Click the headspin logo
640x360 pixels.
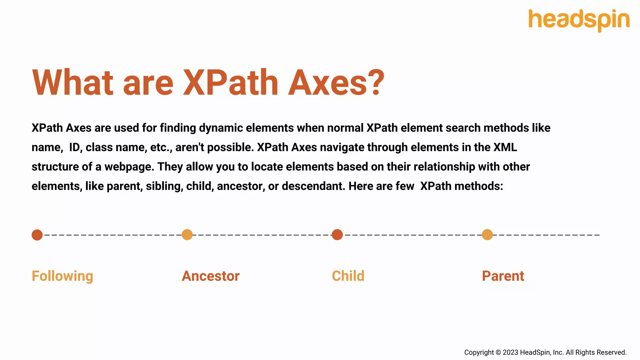point(579,20)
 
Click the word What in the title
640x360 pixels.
point(73,83)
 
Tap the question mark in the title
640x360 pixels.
point(373,83)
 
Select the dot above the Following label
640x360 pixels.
point(37,235)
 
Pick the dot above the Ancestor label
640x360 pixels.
point(187,235)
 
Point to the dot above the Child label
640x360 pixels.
point(337,235)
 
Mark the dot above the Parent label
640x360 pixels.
point(487,235)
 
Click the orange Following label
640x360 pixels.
point(62,276)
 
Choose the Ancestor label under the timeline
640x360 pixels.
point(211,276)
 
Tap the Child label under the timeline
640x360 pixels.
point(348,276)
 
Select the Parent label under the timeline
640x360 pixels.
point(503,276)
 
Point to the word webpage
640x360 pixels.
point(129,167)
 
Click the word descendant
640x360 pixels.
point(313,186)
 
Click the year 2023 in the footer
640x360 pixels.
point(510,352)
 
